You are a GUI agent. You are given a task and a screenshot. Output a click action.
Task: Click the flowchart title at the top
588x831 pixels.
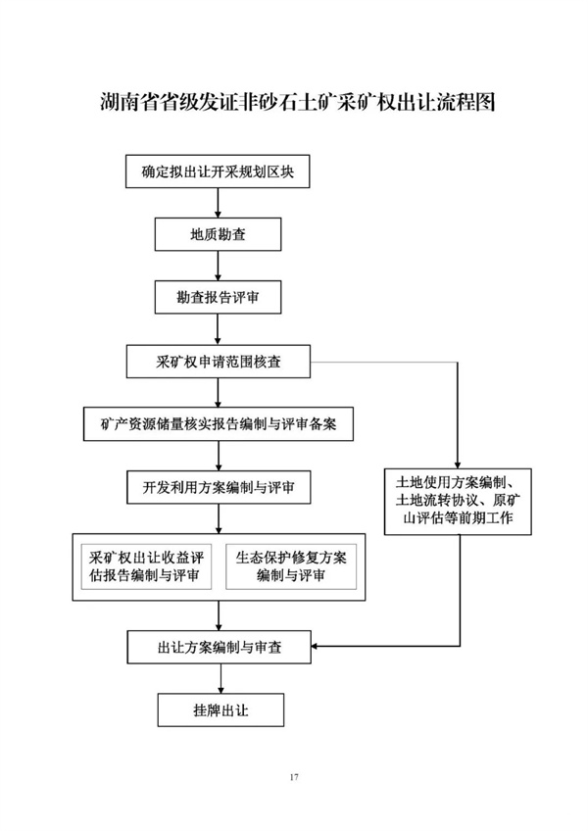coord(298,102)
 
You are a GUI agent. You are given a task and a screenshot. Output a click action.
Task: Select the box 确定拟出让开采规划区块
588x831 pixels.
coord(218,171)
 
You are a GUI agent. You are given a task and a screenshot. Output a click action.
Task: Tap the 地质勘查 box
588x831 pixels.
coord(218,235)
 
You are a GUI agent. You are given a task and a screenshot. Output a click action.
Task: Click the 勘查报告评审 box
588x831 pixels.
coord(218,297)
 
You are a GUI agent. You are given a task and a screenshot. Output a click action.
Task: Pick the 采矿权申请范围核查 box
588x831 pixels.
coord(218,362)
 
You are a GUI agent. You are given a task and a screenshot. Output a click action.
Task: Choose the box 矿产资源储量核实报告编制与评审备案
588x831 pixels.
coord(218,424)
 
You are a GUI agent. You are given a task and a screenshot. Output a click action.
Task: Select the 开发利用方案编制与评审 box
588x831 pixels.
coord(219,488)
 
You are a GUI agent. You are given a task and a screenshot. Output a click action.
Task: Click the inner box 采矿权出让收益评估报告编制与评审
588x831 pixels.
coord(146,566)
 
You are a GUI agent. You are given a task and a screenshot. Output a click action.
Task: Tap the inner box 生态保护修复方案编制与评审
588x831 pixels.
coord(291,566)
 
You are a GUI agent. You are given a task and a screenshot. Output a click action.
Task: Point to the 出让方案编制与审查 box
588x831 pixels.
coord(219,647)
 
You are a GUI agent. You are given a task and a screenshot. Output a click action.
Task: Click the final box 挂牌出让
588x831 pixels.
coord(220,710)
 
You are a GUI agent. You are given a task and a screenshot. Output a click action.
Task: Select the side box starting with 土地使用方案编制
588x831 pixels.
coord(458,502)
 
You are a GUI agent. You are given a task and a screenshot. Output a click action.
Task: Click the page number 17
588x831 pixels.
coord(294,777)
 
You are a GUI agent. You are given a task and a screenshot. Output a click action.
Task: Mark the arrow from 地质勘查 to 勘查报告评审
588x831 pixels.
coord(218,266)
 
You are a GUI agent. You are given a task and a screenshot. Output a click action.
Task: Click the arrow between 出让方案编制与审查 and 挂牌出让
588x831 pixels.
coord(220,678)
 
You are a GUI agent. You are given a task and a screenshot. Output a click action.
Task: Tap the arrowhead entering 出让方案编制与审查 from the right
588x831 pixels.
coord(315,647)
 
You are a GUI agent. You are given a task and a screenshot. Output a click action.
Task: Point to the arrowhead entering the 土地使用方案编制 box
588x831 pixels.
coord(458,464)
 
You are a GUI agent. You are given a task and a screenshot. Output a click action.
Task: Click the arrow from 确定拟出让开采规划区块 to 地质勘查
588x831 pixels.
coord(218,204)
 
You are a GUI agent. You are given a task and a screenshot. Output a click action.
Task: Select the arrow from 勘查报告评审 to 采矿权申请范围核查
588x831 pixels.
coord(218,329)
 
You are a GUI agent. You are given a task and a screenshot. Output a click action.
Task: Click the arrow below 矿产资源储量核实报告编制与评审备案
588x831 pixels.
coord(219,457)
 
